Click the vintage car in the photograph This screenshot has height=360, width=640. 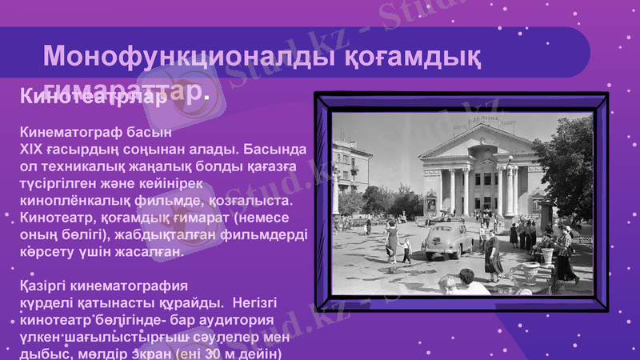tap(447, 237)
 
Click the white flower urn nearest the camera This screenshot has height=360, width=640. tap(547, 254)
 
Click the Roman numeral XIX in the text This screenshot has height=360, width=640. tap(32, 150)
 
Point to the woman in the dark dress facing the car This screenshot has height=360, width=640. tap(493, 251)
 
